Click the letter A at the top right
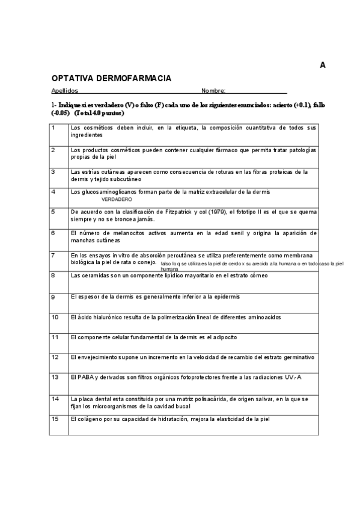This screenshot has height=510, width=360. (x=323, y=66)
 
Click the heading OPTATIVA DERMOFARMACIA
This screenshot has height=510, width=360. (x=111, y=78)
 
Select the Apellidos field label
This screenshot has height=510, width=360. (x=65, y=91)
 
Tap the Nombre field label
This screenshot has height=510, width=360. (x=213, y=91)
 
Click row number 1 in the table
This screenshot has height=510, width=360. (x=53, y=127)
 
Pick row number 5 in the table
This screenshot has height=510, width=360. (x=53, y=212)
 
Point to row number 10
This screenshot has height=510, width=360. (x=55, y=316)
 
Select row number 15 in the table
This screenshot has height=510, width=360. (x=55, y=419)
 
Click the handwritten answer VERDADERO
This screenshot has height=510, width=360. (x=117, y=199)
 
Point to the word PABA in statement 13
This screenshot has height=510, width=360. (x=84, y=378)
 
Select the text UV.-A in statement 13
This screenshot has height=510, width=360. (x=290, y=378)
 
